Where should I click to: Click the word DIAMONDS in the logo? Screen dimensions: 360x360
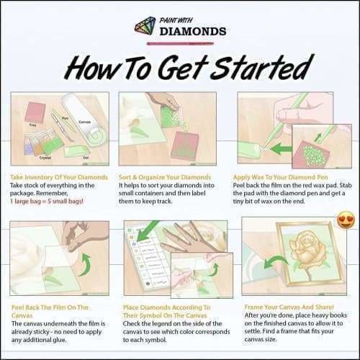point(193,32)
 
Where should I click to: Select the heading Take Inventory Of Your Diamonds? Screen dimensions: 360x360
point(59,176)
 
